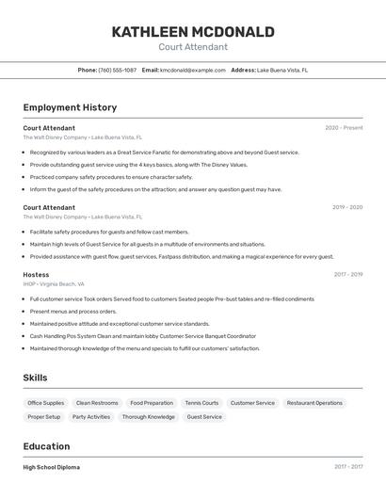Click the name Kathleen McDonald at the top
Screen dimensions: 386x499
click(193, 32)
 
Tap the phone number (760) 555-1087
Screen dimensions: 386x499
click(118, 70)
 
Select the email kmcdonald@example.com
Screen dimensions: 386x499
click(193, 70)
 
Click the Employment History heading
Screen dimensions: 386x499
click(70, 107)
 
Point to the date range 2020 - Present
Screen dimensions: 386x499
click(344, 128)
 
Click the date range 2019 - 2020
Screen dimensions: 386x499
click(347, 207)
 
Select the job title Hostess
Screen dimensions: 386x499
click(36, 275)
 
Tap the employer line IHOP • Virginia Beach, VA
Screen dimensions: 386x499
click(54, 283)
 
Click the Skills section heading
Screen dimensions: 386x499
click(36, 378)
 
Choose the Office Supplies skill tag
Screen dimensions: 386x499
click(46, 403)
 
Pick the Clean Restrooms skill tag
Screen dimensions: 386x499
click(97, 403)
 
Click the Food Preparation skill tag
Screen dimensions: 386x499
click(152, 403)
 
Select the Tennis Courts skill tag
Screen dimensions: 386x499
click(201, 403)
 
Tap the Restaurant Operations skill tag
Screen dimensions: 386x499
click(314, 403)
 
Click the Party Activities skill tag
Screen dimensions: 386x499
click(91, 417)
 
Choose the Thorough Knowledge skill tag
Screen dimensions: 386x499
click(148, 417)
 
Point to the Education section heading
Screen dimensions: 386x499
click(46, 446)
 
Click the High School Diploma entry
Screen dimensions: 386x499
click(52, 467)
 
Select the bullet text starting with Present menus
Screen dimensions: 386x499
click(73, 312)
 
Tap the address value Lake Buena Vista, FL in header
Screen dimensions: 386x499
click(282, 70)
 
